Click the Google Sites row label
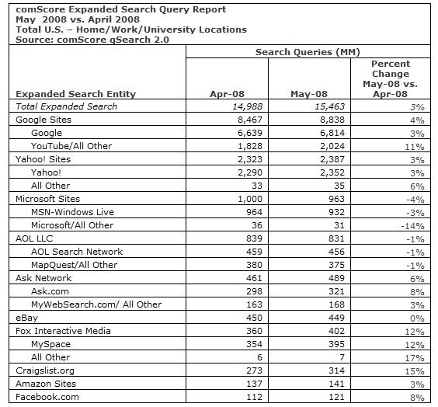tap(43, 120)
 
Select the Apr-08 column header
tap(228, 94)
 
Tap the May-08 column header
tap(308, 94)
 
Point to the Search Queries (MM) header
tap(308, 52)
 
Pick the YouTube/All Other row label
tap(71, 146)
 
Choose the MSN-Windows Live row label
tap(72, 212)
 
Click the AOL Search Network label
tap(77, 252)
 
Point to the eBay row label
tap(28, 318)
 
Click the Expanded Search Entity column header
tap(75, 94)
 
